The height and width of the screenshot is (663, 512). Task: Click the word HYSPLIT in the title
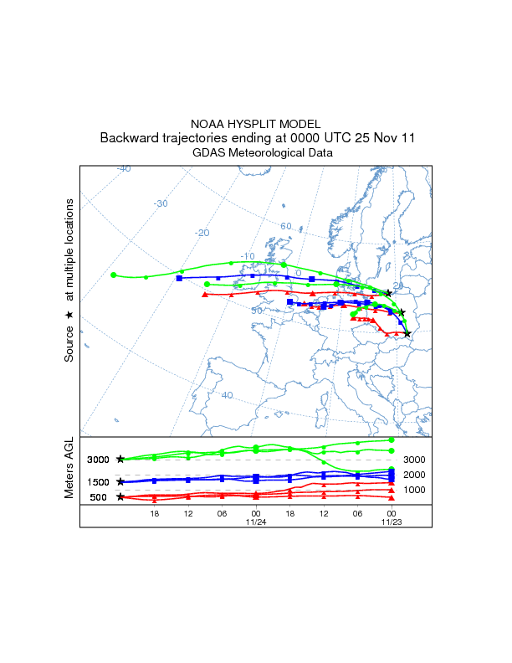[256, 123]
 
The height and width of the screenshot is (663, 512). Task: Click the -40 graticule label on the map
[123, 168]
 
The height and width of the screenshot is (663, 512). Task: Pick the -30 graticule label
[161, 203]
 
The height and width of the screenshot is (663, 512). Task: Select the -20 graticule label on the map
[202, 233]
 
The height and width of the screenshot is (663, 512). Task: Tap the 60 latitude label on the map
[285, 226]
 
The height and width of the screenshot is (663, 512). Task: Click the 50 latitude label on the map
[257, 311]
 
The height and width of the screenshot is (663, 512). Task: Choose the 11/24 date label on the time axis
[255, 522]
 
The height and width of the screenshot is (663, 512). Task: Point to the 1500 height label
[98, 482]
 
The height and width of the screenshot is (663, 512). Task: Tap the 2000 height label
[415, 475]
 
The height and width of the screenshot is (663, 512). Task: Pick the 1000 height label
[415, 490]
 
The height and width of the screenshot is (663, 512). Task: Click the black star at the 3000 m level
[120, 460]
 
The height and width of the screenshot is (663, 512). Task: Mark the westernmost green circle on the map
[113, 275]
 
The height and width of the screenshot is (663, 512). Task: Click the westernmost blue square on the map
[179, 278]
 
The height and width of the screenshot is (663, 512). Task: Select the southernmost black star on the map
[407, 334]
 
